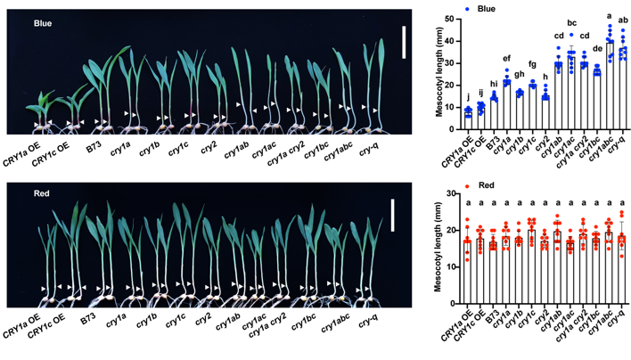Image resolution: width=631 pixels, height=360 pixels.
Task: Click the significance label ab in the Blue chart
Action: click(623, 32)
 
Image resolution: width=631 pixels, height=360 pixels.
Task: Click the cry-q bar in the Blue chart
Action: click(623, 89)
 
